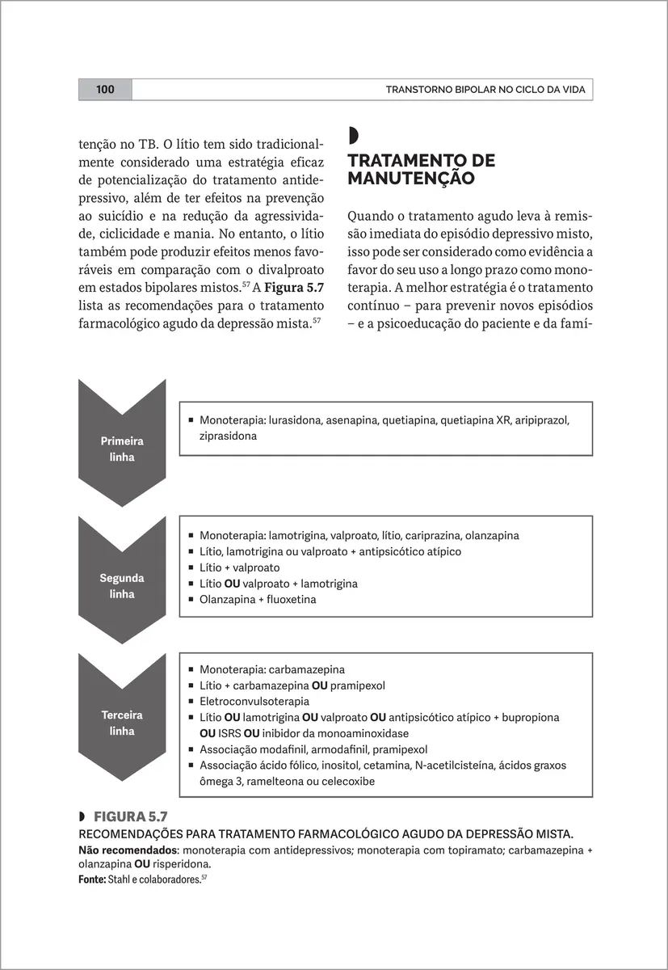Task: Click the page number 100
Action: tap(105, 90)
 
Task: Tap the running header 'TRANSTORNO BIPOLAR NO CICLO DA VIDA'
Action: tap(485, 90)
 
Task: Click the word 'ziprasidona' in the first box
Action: tap(228, 436)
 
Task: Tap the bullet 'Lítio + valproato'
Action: tap(239, 567)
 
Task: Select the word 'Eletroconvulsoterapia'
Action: tap(254, 702)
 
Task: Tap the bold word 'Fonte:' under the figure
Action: tap(91, 879)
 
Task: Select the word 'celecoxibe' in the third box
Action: tap(348, 782)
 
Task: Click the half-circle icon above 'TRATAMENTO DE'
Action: tap(352, 135)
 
